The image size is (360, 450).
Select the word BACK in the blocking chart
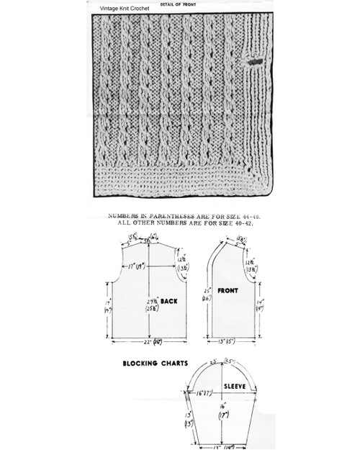click(171, 300)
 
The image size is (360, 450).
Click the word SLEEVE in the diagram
click(233, 387)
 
